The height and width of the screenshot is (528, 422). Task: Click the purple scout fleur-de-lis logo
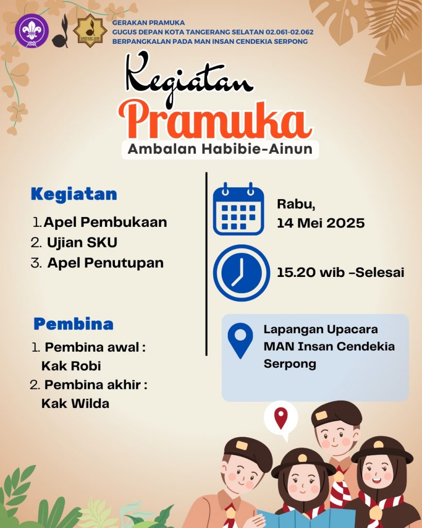click(32, 30)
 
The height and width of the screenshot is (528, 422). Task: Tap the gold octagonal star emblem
click(90, 30)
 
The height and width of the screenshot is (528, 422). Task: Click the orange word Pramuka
click(215, 121)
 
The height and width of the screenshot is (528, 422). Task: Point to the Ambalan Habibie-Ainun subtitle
click(220, 149)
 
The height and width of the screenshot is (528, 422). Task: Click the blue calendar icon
click(239, 209)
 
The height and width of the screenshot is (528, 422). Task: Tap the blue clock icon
click(241, 273)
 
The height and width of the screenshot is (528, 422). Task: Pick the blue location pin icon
click(240, 340)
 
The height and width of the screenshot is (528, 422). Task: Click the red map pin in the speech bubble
click(281, 418)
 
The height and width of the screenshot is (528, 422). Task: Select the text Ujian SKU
click(82, 242)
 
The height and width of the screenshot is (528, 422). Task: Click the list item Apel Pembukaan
click(105, 222)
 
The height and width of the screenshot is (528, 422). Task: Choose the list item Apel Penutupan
click(105, 263)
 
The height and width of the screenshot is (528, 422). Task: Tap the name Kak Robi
click(71, 366)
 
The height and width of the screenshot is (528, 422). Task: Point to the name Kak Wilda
click(75, 403)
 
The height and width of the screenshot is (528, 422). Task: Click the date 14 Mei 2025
click(320, 223)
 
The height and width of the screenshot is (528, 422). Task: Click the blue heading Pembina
click(73, 324)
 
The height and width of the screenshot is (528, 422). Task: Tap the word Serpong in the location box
click(290, 365)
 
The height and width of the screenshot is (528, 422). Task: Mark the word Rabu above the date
click(296, 204)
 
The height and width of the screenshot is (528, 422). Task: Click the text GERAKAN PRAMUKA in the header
click(148, 23)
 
